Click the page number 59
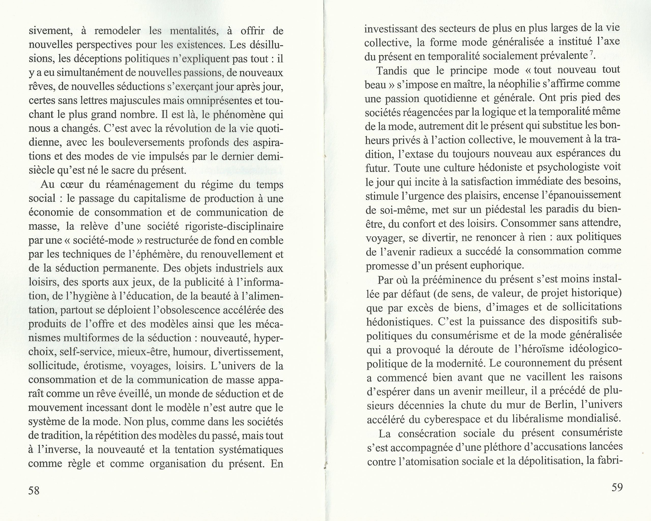pyautogui.click(x=617, y=487)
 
